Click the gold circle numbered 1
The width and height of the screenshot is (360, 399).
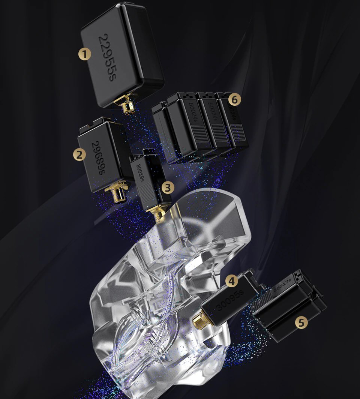click(85, 54)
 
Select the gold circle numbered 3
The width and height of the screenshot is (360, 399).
click(168, 186)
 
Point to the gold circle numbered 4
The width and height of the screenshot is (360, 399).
click(232, 280)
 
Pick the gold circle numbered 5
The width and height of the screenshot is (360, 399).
click(301, 322)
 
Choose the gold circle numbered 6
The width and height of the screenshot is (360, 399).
click(234, 100)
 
